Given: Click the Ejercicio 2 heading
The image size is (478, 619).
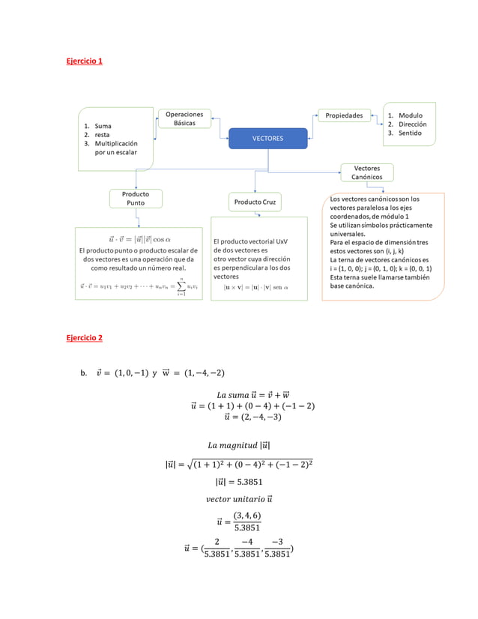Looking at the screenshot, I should click(85, 338).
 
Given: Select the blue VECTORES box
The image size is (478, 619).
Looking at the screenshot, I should click(267, 139).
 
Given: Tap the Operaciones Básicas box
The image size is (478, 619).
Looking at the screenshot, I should click(184, 118).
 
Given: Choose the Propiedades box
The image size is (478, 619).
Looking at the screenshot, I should click(344, 115).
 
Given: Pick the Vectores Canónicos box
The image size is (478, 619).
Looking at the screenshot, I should click(366, 172).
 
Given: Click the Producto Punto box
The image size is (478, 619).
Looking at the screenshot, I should click(136, 198).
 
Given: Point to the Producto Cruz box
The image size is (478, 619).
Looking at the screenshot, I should click(255, 202).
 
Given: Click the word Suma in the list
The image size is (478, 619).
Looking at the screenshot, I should click(103, 126).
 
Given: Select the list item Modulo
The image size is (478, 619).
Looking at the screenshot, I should click(411, 115).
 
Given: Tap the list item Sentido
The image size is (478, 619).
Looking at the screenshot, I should click(410, 133).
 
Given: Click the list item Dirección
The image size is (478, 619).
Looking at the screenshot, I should click(413, 124).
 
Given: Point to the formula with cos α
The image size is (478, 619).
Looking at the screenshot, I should click(139, 238).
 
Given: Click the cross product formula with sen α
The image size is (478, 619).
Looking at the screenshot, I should click(255, 287).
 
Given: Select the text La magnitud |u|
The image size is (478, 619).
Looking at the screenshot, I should click(238, 447).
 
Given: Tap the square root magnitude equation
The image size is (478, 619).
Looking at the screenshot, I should click(238, 465).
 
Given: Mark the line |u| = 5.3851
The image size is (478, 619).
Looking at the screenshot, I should click(238, 483).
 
